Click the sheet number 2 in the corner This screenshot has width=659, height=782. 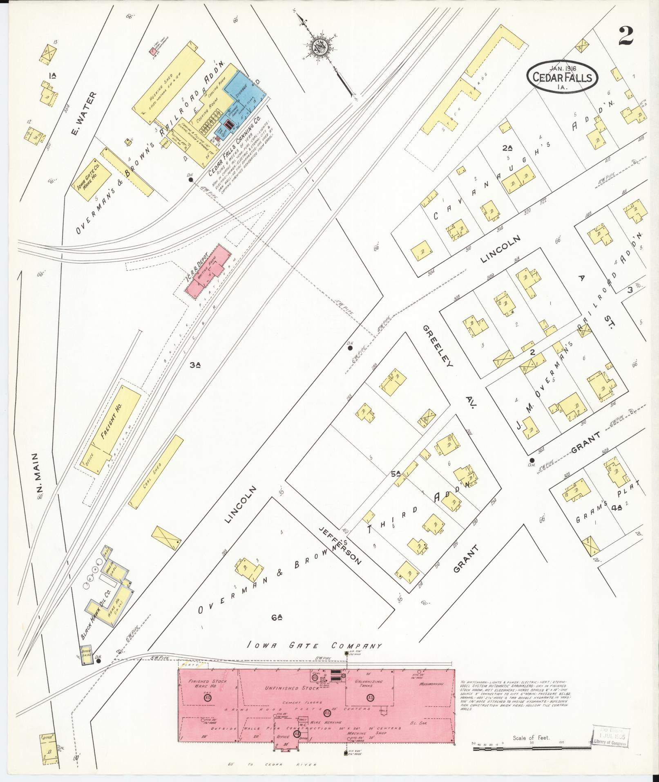(625, 36)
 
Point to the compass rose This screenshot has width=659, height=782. (319, 47)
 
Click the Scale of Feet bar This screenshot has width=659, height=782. (531, 749)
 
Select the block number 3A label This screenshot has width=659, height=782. (195, 365)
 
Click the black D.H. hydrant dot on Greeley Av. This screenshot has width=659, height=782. (532, 460)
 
